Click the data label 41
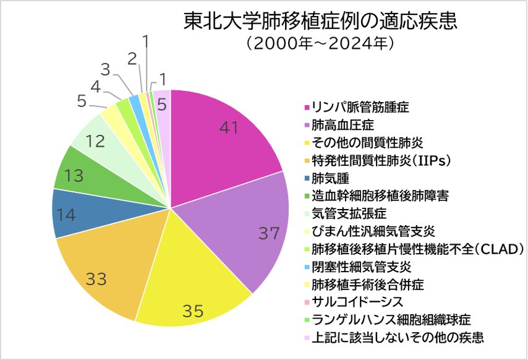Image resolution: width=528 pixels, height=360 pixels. [x=229, y=127]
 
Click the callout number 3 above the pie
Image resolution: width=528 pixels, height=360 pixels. [x=106, y=69]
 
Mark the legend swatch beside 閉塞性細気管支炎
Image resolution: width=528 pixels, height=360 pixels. [x=307, y=267]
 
